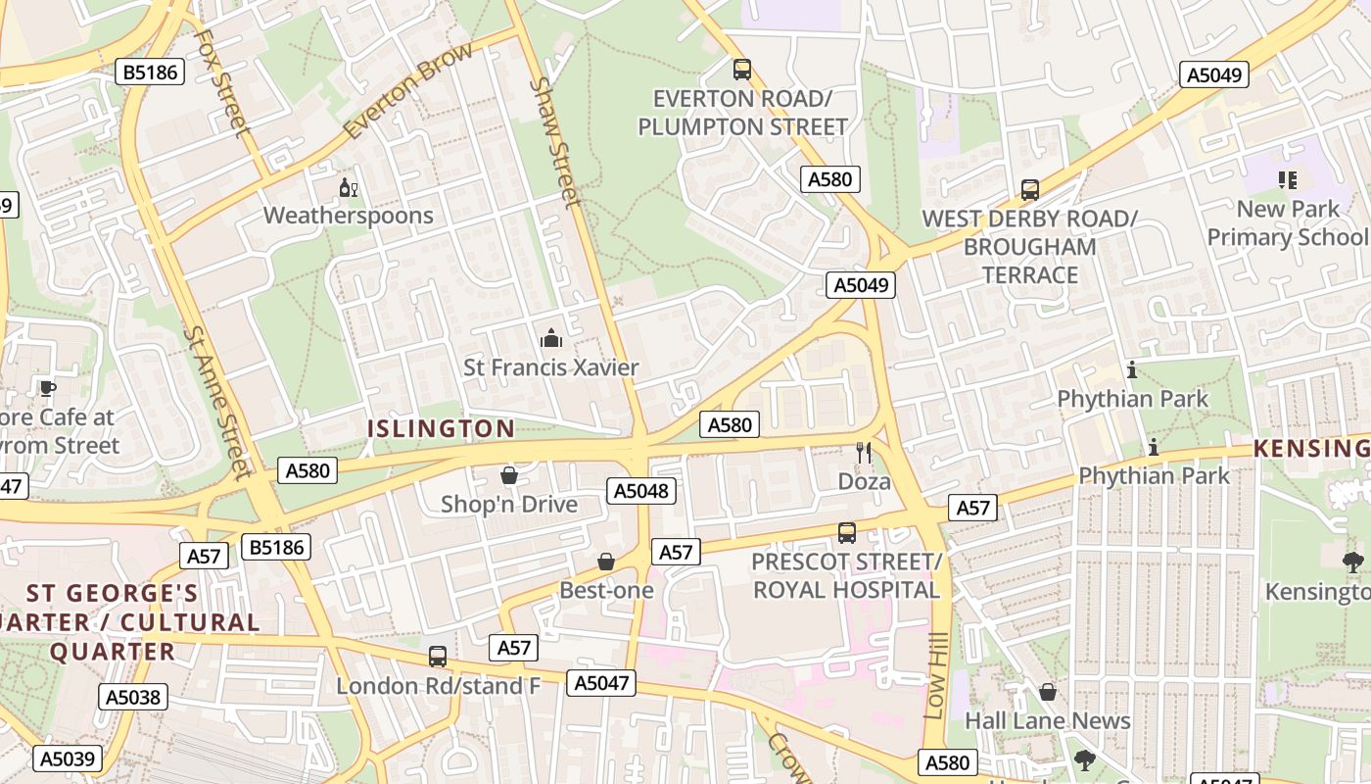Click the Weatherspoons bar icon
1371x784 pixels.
[x=348, y=188]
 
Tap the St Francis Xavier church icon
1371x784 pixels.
[x=551, y=339]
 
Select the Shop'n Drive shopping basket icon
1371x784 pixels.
[x=509, y=476]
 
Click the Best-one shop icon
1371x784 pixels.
[x=606, y=562]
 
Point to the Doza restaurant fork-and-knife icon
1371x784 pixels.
[x=863, y=453]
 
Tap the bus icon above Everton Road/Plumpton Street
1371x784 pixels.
[x=742, y=70]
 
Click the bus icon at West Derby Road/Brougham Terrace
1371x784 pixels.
[x=1029, y=190]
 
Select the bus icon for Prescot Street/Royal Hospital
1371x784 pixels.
[x=847, y=533]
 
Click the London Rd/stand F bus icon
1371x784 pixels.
[x=438, y=657]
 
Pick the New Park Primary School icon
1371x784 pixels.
[x=1288, y=180]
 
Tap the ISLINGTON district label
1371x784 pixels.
[x=441, y=428]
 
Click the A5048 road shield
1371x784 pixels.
[x=641, y=491]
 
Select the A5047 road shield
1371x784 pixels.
[x=601, y=683]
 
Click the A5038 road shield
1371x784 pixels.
[x=133, y=698]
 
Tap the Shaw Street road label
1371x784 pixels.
[x=555, y=142]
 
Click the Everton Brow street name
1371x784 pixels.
[x=408, y=90]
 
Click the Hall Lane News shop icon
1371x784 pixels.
[x=1048, y=693]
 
